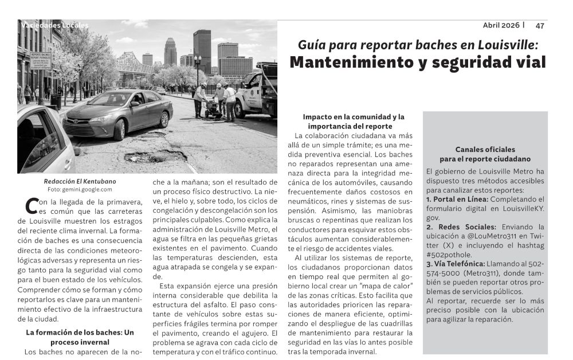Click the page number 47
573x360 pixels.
[x=540, y=25]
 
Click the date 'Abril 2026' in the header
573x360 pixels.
[x=501, y=25]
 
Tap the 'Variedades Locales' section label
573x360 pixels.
[x=54, y=25]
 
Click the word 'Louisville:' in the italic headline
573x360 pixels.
[x=509, y=44]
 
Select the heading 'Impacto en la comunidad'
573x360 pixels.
[x=354, y=116]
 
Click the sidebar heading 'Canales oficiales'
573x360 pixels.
[x=485, y=149]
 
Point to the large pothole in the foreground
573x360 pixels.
[x=155, y=155]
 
